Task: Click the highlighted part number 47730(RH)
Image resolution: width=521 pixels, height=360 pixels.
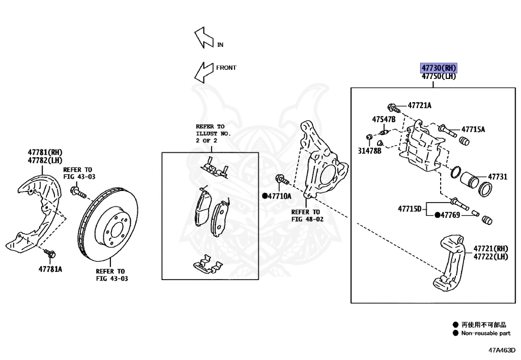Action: [x=439, y=68]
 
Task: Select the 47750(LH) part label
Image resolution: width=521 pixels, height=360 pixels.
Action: [x=439, y=76]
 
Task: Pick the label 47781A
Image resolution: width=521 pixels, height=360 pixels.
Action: [x=50, y=268]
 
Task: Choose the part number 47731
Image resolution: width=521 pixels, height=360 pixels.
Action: [x=498, y=177]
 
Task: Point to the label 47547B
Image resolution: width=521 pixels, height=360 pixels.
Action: [x=384, y=120]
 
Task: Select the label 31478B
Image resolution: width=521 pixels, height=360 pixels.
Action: [x=369, y=151]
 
